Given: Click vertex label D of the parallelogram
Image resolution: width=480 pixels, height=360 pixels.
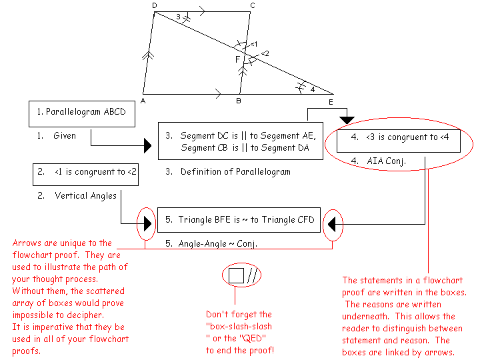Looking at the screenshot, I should (155, 6).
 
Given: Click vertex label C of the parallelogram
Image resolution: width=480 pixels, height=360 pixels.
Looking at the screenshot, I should (251, 6).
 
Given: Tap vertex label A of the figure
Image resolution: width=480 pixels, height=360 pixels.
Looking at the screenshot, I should (143, 101).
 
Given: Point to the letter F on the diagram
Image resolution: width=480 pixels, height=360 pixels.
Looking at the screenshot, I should (237, 60).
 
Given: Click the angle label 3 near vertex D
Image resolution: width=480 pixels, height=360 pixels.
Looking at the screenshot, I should (178, 17).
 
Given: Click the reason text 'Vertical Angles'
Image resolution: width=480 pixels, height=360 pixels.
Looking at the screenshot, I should (85, 196).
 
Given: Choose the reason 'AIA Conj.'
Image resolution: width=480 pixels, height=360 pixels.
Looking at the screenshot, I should (386, 161).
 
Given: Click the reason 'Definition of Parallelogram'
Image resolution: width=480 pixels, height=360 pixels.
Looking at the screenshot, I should (235, 172).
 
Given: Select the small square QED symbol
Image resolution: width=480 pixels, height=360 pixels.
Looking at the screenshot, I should (236, 276).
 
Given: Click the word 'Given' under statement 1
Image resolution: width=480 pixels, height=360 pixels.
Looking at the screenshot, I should (65, 136).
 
